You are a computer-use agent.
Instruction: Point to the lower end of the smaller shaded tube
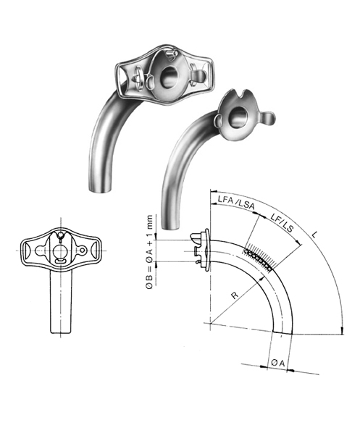[173, 220]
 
